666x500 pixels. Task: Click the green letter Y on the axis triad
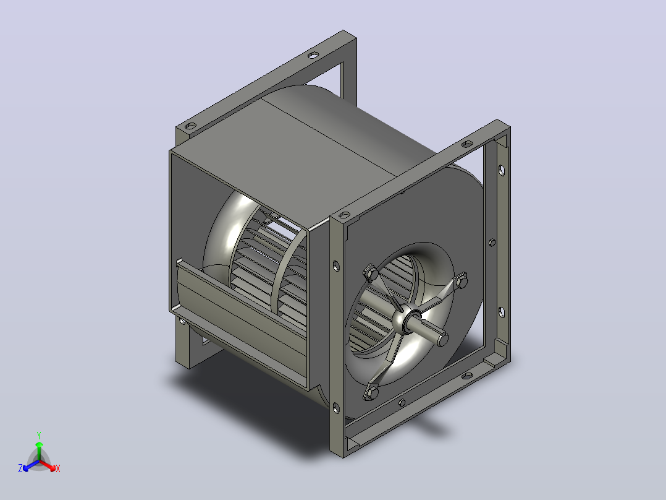pos(39,435)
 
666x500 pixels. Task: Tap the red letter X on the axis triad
pos(58,468)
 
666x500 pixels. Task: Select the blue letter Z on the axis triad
pos(20,468)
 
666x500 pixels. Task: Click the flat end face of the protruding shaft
pos(442,339)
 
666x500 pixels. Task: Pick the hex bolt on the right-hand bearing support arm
pos(462,280)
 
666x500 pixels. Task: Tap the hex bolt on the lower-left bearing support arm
pos(371,393)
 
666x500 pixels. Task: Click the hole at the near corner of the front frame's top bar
pos(345,215)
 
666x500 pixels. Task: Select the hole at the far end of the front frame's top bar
pos(467,144)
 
